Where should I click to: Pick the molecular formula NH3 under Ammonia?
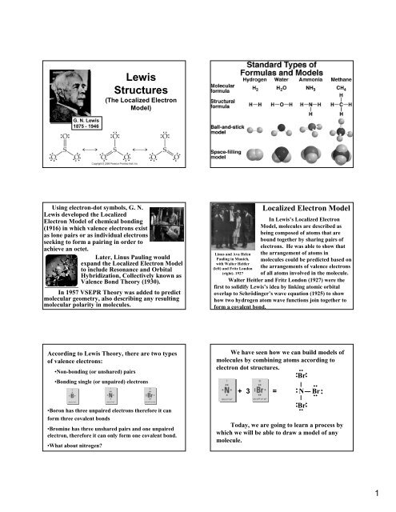[x=320, y=90]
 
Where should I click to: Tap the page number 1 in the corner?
[x=387, y=496]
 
